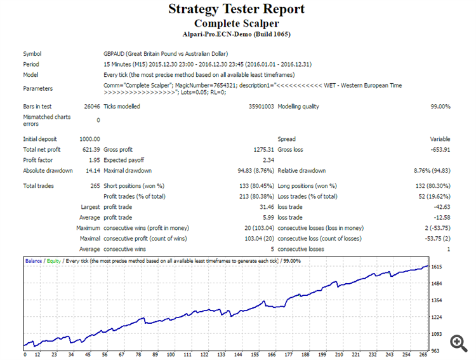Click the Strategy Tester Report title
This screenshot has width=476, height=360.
(236, 9)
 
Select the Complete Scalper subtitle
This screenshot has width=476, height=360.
(236, 23)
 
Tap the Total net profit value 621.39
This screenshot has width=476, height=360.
(91, 149)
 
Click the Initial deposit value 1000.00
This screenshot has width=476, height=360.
(89, 139)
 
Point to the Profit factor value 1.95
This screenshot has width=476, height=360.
(95, 160)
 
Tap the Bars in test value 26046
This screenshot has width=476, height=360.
(91, 107)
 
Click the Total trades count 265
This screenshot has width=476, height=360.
(95, 186)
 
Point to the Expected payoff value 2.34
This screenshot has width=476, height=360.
(268, 160)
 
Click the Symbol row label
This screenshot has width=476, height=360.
(32, 54)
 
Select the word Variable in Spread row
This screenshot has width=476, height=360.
(440, 139)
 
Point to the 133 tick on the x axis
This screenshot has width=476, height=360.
(221, 355)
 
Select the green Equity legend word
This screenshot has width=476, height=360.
(55, 261)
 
